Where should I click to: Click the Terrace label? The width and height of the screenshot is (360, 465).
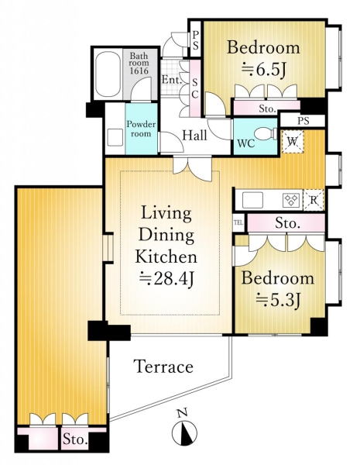pyautogui.click(x=164, y=367)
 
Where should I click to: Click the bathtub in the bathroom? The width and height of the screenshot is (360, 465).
pyautogui.click(x=108, y=74)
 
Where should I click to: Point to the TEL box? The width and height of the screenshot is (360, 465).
pyautogui.click(x=238, y=222)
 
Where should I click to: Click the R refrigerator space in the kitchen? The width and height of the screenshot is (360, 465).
pyautogui.click(x=314, y=201)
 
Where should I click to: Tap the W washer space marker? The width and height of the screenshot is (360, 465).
pyautogui.click(x=293, y=142)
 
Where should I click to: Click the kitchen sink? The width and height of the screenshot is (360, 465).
pyautogui.click(x=252, y=200)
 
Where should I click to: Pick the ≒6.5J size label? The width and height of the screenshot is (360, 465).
pyautogui.click(x=264, y=70)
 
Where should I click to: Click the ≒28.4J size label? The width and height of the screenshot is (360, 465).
pyautogui.click(x=167, y=279)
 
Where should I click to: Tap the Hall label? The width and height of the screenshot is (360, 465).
pyautogui.click(x=194, y=135)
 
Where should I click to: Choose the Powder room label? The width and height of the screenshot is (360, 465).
pyautogui.click(x=141, y=129)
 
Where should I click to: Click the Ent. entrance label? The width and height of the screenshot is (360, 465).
pyautogui.click(x=172, y=80)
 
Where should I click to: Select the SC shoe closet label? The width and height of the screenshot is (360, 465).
pyautogui.click(x=194, y=88)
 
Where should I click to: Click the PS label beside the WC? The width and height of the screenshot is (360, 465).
pyautogui.click(x=303, y=121)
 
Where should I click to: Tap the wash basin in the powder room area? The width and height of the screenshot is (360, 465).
pyautogui.click(x=115, y=138)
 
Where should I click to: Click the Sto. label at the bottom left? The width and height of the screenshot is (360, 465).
pyautogui.click(x=75, y=439)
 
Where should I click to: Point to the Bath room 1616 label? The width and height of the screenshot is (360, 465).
pyautogui.click(x=139, y=64)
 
